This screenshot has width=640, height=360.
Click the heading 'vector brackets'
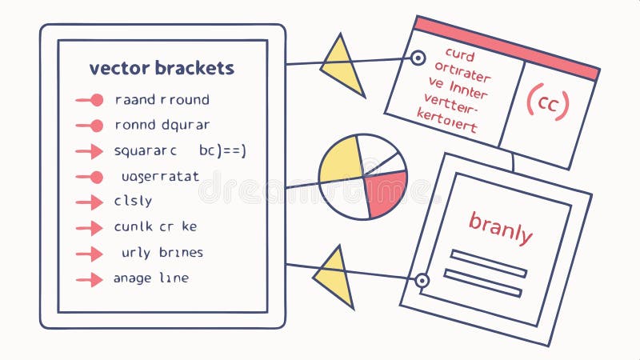(x=162, y=68)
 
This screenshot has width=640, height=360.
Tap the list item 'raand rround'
(x=162, y=100)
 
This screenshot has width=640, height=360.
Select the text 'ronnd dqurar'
(x=162, y=125)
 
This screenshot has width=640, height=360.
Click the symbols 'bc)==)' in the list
(x=222, y=150)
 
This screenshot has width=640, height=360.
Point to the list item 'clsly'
(x=133, y=202)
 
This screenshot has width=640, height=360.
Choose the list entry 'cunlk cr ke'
(x=155, y=227)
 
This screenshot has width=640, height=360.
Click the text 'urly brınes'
(x=162, y=253)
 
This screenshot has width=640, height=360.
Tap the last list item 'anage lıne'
(x=151, y=278)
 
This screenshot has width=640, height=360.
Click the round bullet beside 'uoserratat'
(x=96, y=177)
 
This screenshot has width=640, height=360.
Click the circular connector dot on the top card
(x=417, y=58)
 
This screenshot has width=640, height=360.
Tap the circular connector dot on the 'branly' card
(x=421, y=280)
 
